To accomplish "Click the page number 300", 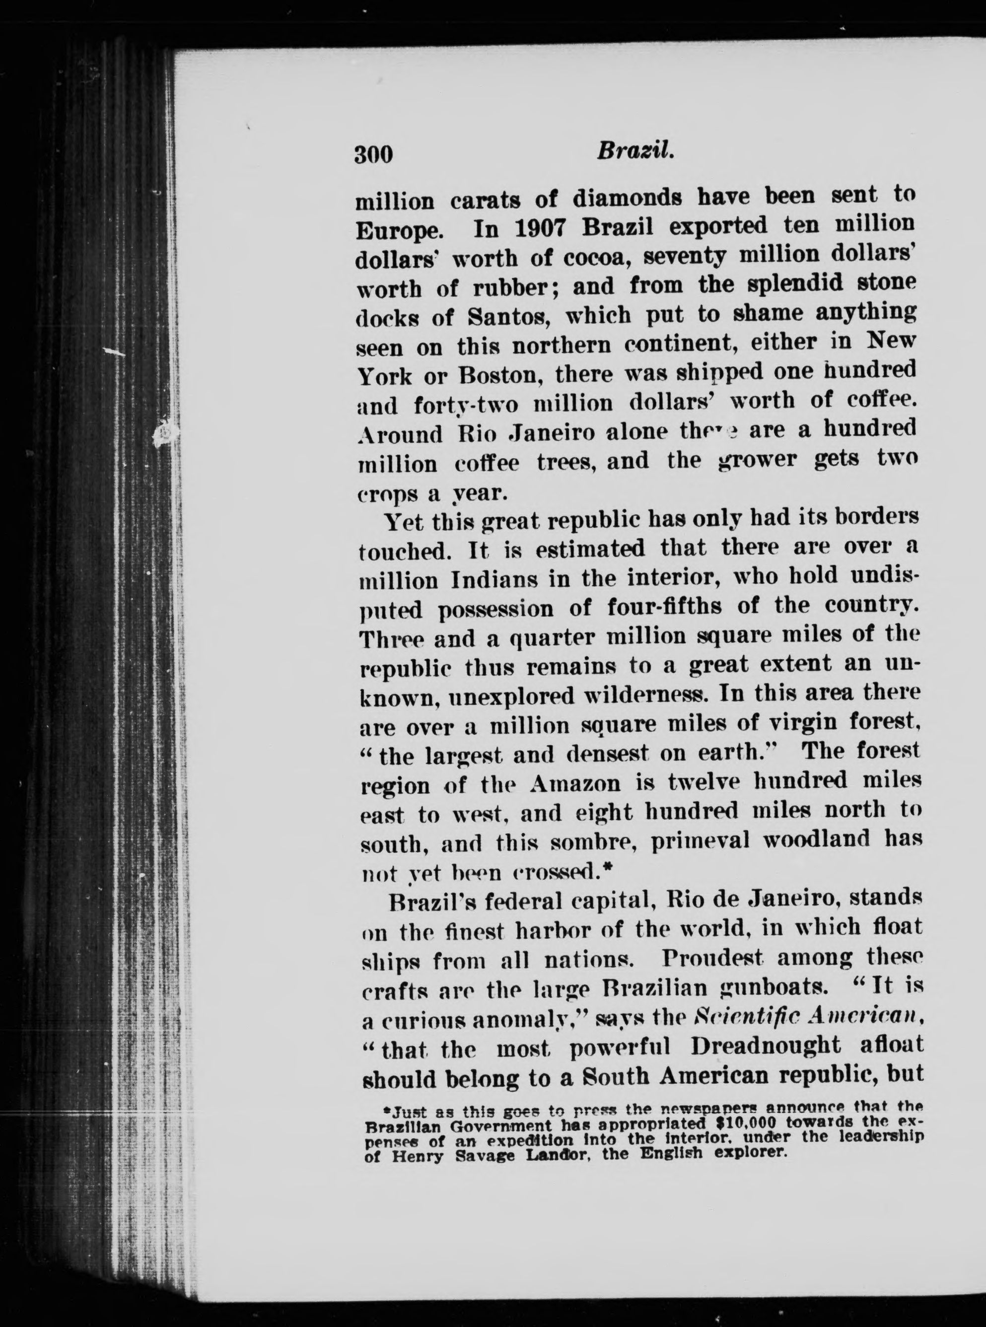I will tap(374, 154).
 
